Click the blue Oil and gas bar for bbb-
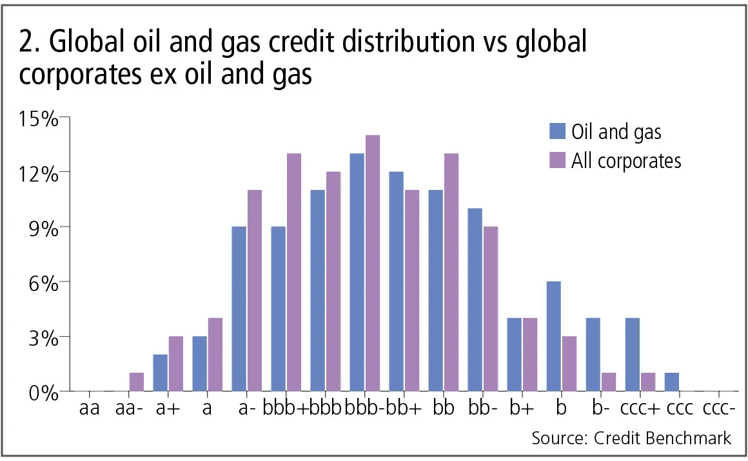[357, 272]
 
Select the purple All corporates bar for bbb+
[294, 272]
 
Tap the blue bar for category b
[553, 336]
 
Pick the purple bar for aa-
[137, 382]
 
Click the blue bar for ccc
[671, 382]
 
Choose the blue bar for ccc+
[632, 354]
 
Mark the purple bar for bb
[451, 272]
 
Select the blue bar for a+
[161, 372]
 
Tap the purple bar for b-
[608, 382]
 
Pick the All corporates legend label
[626, 160]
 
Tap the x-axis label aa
[89, 409]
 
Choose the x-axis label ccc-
[716, 409]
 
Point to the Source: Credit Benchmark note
[631, 438]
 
